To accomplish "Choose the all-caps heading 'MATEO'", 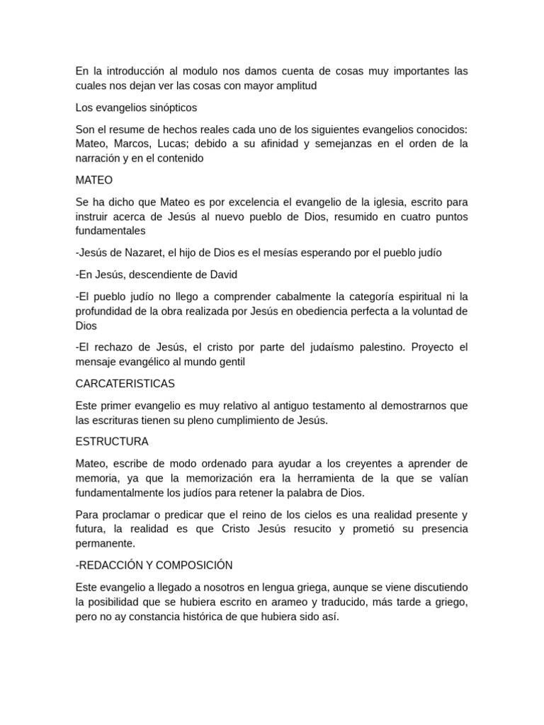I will tap(93, 181).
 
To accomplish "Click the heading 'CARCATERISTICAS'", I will tap(125, 384).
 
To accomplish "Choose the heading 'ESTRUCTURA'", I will tap(112, 442).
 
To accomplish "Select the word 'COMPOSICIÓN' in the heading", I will tap(191, 565).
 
